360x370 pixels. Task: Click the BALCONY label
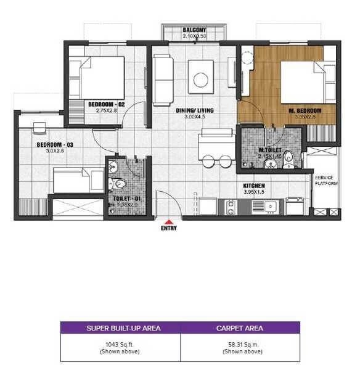(194, 30)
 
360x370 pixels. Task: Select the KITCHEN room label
(254, 186)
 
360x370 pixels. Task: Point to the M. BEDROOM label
(302, 111)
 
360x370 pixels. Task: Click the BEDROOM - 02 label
(107, 104)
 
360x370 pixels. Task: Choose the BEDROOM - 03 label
(55, 145)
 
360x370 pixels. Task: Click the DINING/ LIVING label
(195, 111)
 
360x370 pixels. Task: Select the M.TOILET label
(270, 150)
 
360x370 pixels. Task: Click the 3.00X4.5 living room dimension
(195, 118)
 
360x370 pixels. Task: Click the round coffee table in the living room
(201, 79)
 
